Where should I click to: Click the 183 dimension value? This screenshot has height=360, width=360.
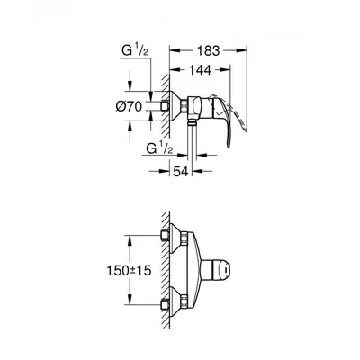tap(209, 51)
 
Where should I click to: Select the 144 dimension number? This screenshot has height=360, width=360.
tap(200, 70)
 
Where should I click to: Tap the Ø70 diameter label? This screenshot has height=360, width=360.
tap(129, 106)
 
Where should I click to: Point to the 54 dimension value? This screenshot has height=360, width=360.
tap(180, 172)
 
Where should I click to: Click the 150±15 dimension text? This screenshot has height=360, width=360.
tap(129, 271)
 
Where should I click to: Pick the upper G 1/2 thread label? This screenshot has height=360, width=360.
tap(135, 50)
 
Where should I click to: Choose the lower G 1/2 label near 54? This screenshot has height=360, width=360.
tap(159, 148)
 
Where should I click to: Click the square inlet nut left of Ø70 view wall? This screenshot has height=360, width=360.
tap(165, 106)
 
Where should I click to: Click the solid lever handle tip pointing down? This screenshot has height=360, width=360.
tap(229, 147)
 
